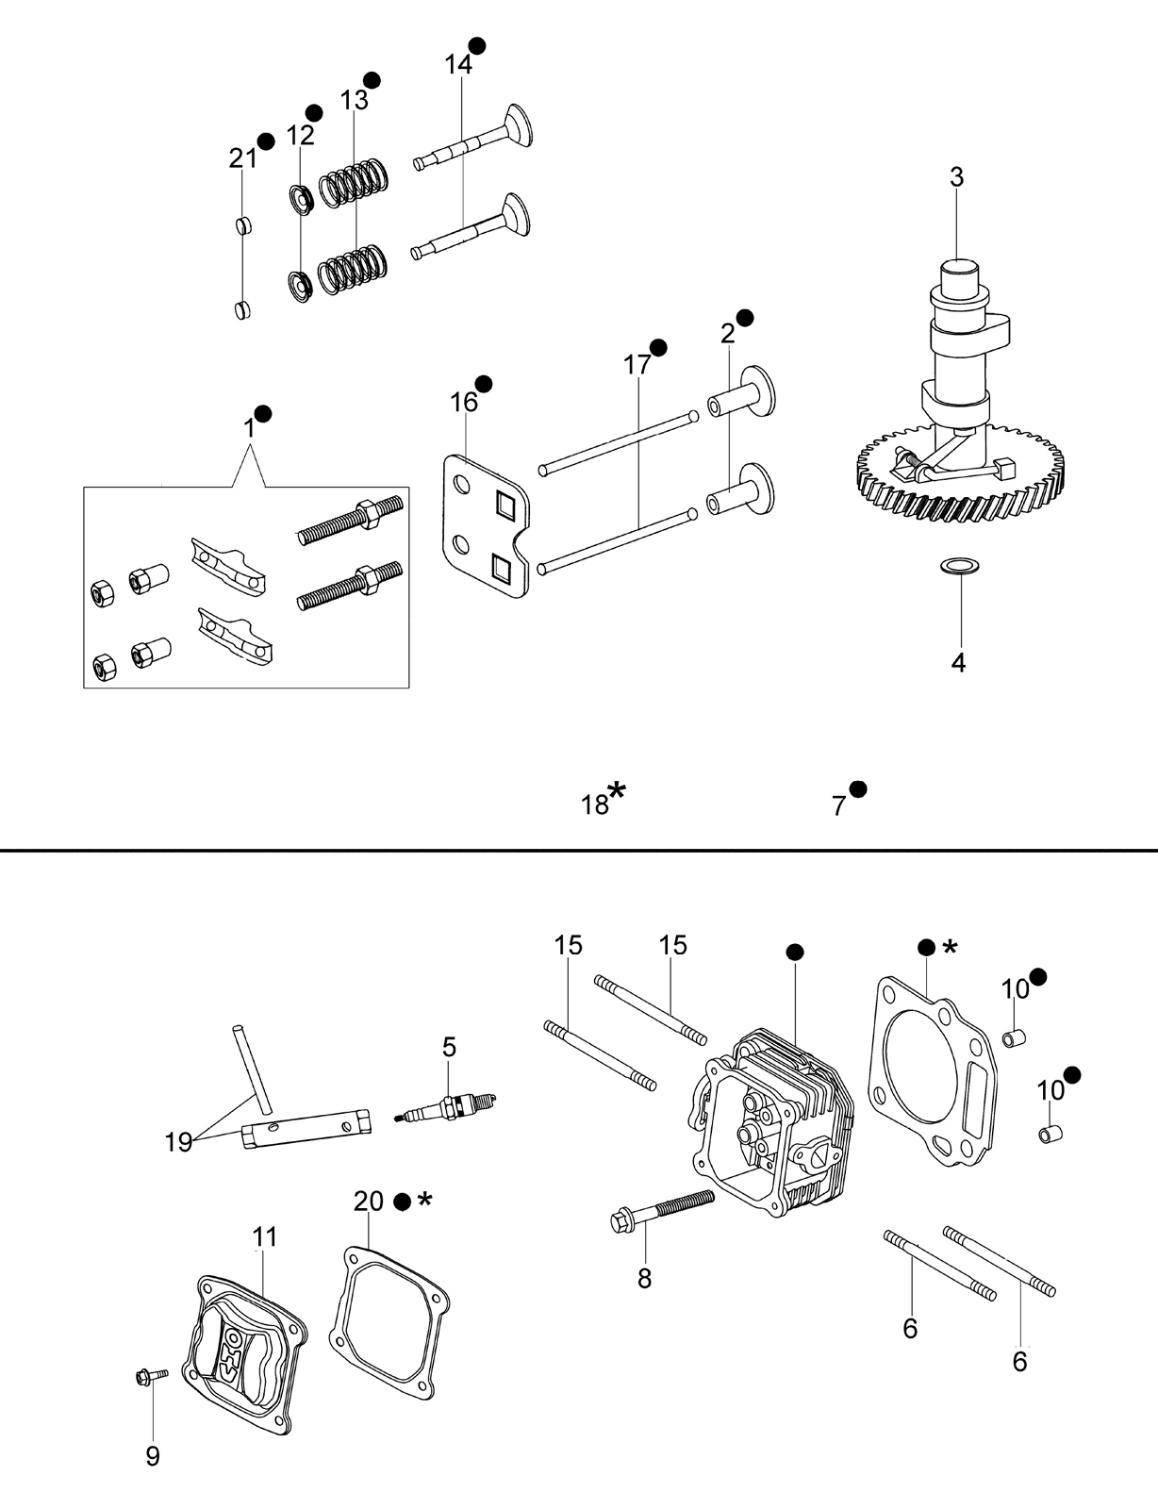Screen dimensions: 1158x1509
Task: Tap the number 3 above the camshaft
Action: (956, 177)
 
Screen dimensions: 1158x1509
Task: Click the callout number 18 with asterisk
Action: (595, 804)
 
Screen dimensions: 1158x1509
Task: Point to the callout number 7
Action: (838, 805)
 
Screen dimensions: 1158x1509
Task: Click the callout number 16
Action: (465, 402)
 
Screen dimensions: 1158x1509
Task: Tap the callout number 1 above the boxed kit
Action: (249, 428)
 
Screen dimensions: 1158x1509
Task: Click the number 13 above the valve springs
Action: (354, 100)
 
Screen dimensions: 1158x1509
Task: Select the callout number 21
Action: (243, 159)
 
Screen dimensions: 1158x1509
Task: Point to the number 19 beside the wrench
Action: (177, 1142)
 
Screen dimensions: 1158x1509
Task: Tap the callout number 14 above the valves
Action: (458, 64)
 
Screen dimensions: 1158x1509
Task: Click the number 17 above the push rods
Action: (637, 365)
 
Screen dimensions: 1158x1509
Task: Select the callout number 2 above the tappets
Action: (728, 335)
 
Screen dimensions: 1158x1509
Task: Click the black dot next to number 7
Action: (859, 789)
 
